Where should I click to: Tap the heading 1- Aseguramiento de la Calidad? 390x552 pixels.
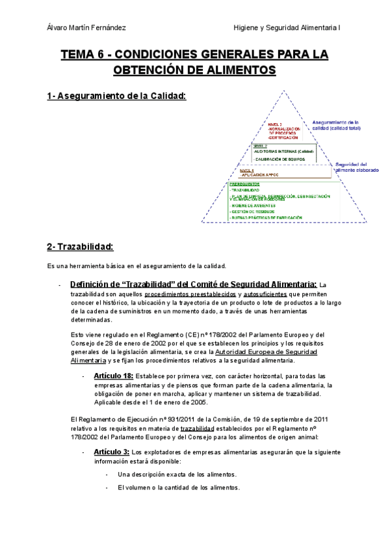click(x=116, y=96)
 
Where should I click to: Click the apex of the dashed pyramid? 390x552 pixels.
click(x=284, y=91)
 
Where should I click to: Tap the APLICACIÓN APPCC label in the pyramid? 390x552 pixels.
click(x=260, y=175)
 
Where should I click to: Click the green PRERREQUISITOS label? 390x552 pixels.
click(x=244, y=184)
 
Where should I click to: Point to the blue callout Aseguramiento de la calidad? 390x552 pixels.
click(x=335, y=125)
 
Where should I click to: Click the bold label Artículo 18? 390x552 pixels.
click(x=113, y=376)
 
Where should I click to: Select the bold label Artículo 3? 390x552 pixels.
click(x=111, y=451)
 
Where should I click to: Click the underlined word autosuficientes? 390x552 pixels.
click(x=268, y=293)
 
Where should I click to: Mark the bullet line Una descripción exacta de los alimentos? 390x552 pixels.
click(x=177, y=475)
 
